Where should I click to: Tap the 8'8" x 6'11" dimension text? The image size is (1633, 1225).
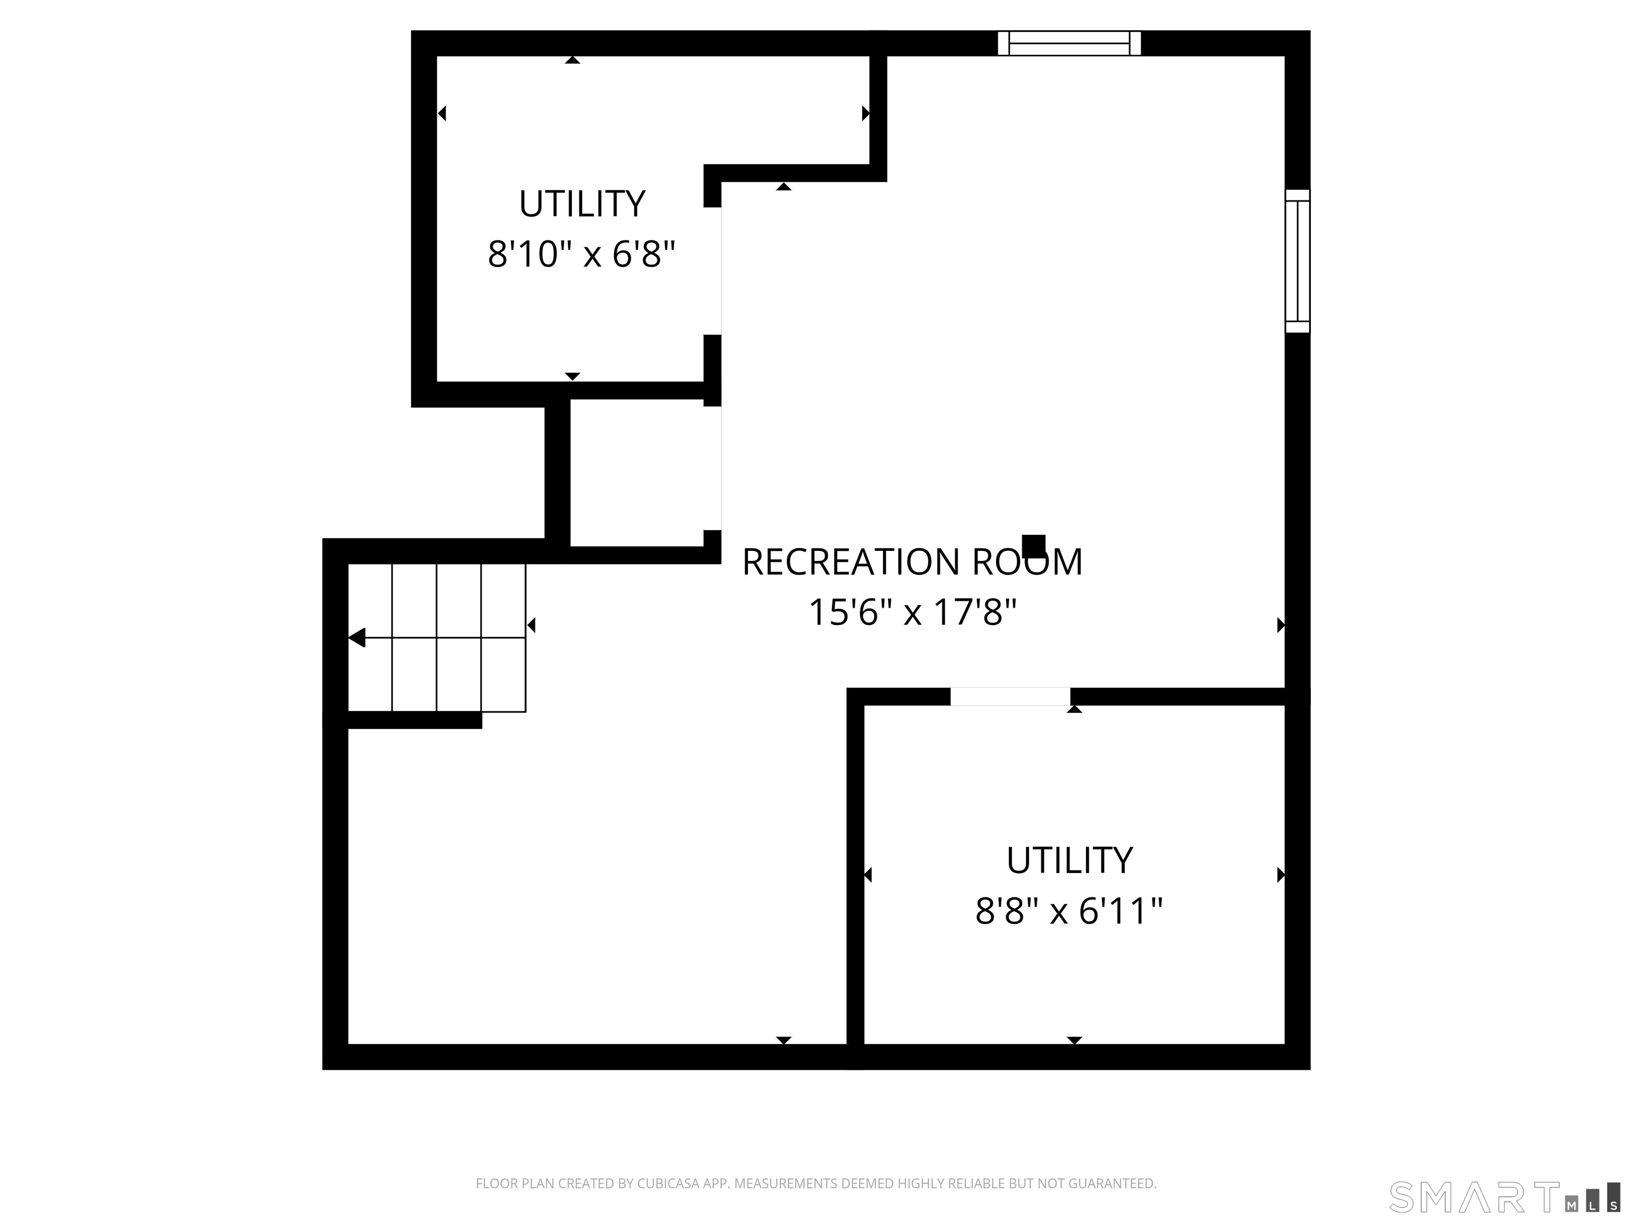(1068, 911)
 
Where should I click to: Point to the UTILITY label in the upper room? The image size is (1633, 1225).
(582, 205)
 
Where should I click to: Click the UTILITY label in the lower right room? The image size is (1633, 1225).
(1069, 861)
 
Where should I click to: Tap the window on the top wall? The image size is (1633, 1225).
(1069, 44)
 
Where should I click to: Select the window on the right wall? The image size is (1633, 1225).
(1297, 262)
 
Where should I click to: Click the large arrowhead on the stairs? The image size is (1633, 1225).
(357, 637)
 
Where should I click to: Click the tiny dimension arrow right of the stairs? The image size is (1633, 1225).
(531, 625)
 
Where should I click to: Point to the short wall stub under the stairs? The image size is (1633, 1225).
(414, 720)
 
